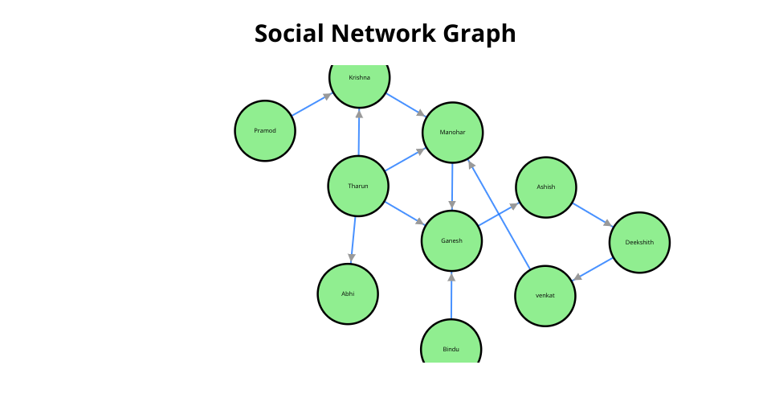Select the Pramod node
click(x=265, y=131)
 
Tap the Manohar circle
click(x=452, y=133)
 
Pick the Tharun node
click(x=358, y=186)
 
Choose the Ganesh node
click(x=451, y=240)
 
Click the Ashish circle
click(x=546, y=187)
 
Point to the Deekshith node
click(x=639, y=243)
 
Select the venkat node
click(x=545, y=296)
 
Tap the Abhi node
click(x=348, y=293)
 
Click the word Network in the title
click(x=384, y=34)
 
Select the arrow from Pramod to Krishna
click(x=312, y=105)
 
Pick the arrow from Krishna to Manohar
click(x=406, y=105)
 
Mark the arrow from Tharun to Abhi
click(x=353, y=240)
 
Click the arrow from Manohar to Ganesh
click(x=452, y=187)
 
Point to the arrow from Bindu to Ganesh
click(x=451, y=295)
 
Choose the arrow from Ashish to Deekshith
click(x=593, y=215)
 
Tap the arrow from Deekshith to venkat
click(x=593, y=269)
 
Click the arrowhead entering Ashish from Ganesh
click(x=515, y=205)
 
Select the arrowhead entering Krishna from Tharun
click(x=359, y=113)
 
